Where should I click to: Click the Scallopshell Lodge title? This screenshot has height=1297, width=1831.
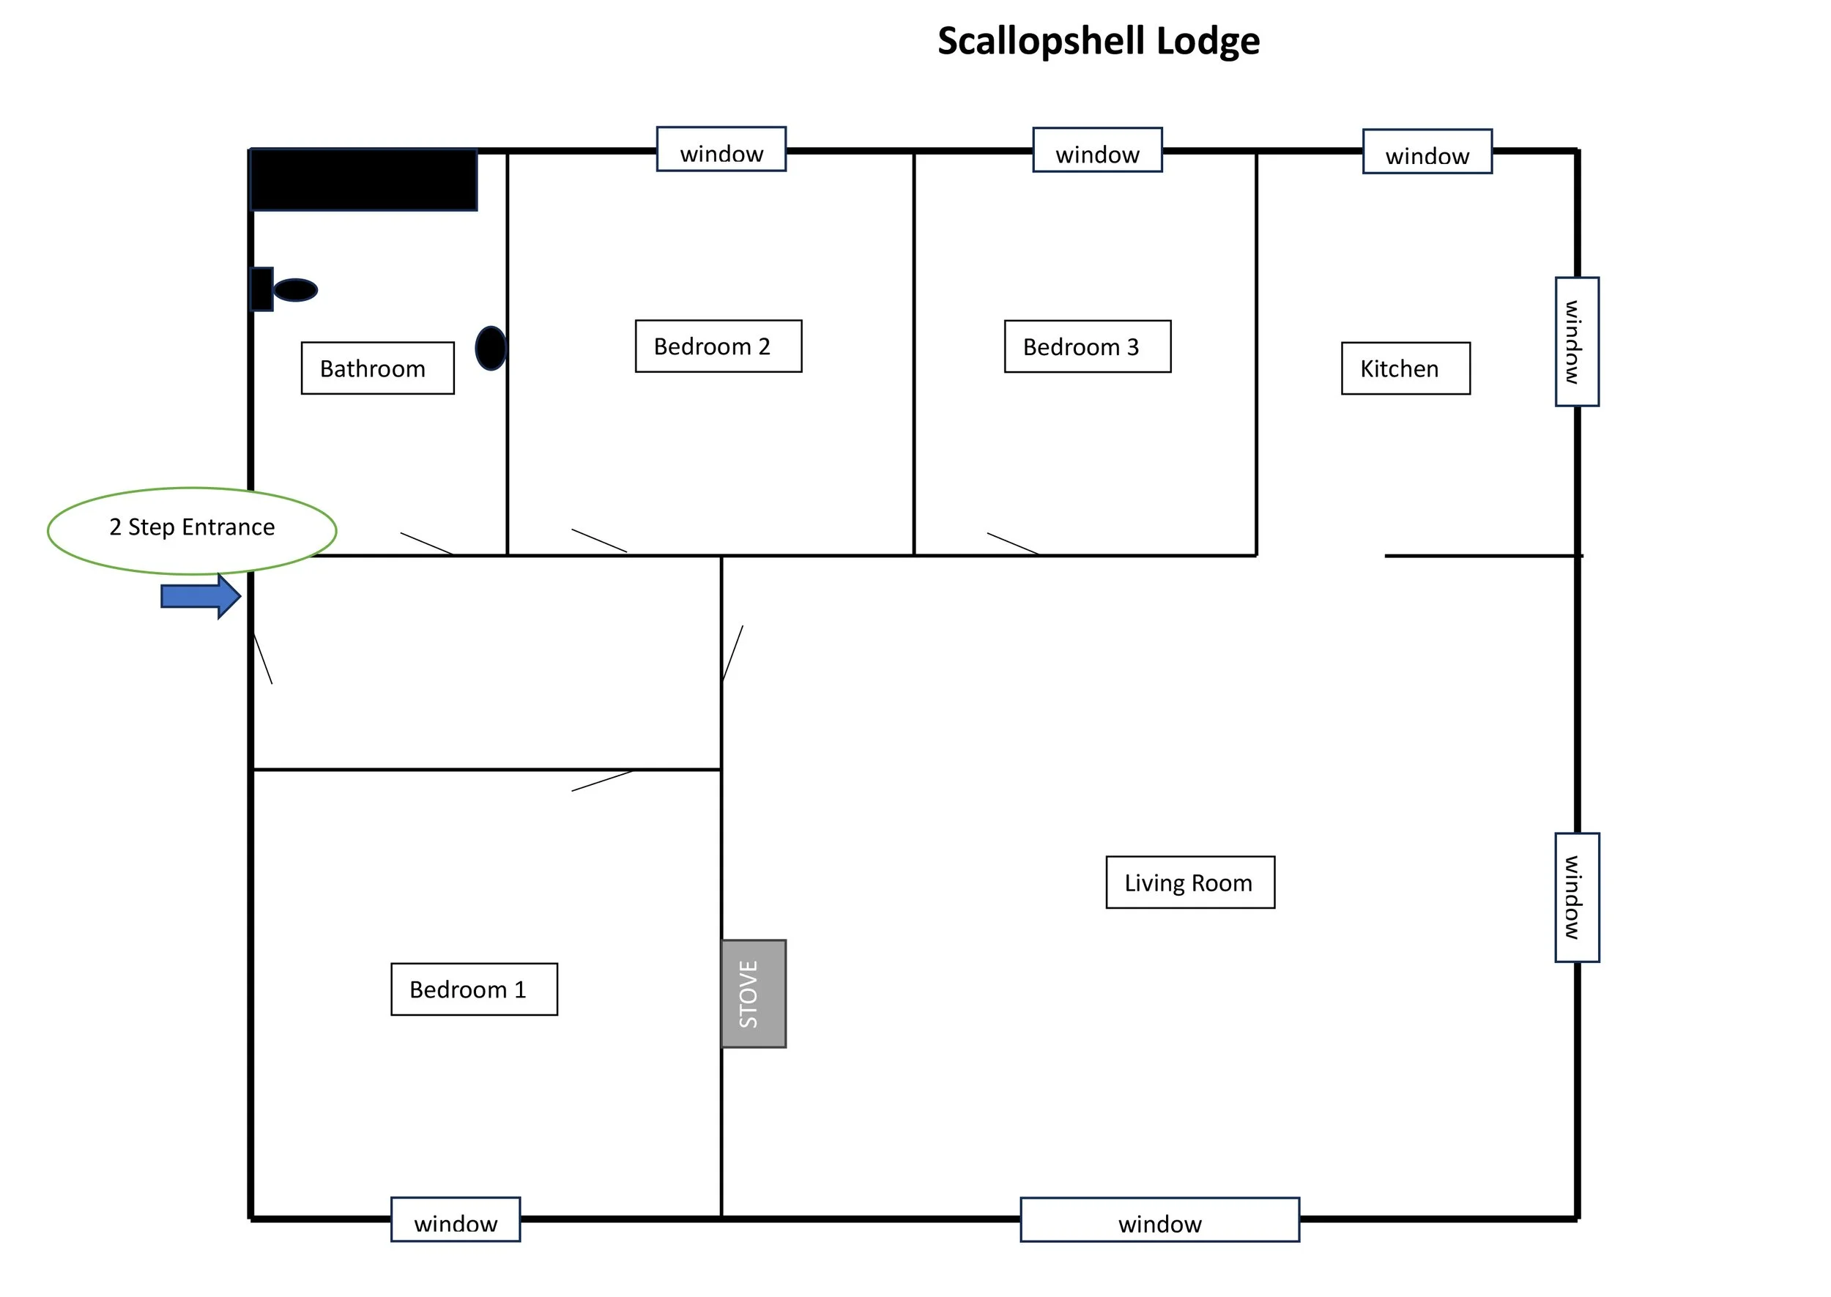pos(1098,42)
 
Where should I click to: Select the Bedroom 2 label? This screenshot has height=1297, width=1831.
pos(718,346)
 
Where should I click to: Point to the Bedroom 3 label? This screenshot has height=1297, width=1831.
pos(1088,346)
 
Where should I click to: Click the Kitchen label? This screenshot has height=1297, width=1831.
pos(1405,368)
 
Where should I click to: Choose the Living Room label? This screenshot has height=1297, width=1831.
pos(1190,882)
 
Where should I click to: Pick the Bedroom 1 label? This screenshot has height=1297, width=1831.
pos(475,989)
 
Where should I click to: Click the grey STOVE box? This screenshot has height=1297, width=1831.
pos(754,994)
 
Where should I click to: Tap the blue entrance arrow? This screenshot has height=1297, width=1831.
pos(201,597)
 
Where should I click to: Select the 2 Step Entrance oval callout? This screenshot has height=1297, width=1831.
pos(192,531)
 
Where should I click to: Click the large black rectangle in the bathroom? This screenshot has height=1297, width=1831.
pos(364,179)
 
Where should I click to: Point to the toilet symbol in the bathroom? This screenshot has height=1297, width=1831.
pos(283,289)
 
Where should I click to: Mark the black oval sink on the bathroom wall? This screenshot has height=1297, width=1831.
pos(491,348)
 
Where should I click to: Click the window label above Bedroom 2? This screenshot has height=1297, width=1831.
pos(721,149)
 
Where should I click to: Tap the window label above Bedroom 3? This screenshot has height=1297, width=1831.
pos(1097,150)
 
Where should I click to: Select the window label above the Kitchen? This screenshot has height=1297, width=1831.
pos(1427,152)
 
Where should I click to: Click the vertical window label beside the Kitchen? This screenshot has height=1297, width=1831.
pos(1577,342)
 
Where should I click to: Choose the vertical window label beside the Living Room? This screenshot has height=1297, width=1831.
pos(1577,898)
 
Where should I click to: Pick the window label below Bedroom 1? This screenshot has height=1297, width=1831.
pos(455,1219)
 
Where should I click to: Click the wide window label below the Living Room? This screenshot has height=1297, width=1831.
pos(1159,1220)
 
